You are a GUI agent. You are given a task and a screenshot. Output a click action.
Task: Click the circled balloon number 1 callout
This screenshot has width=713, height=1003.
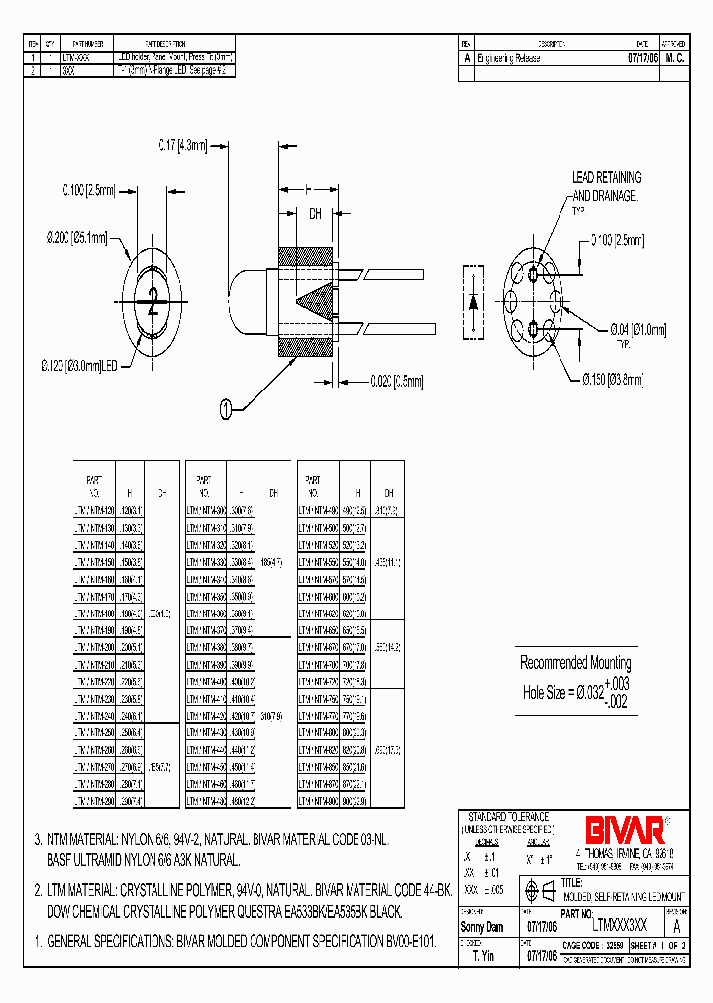227,407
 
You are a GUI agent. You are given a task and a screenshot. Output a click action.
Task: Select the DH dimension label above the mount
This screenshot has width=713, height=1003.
315,213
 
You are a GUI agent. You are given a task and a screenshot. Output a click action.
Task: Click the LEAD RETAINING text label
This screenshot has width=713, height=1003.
606,177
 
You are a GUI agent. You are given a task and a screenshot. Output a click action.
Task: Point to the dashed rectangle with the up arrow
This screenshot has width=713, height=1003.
472,303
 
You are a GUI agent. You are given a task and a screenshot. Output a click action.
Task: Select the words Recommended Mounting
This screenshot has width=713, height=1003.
575,663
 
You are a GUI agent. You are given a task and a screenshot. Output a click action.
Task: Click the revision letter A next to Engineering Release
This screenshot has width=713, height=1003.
467,58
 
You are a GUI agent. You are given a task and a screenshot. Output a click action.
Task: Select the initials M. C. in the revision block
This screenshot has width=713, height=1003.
674,58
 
